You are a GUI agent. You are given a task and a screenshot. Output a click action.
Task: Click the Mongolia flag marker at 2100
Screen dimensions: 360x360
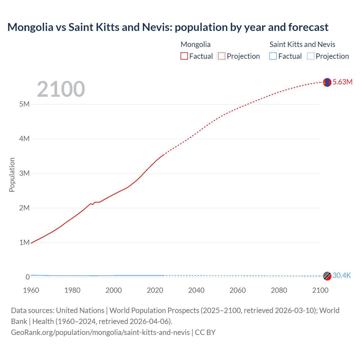click(x=327, y=82)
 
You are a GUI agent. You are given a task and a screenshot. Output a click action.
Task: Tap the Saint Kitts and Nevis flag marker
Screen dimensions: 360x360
click(x=327, y=276)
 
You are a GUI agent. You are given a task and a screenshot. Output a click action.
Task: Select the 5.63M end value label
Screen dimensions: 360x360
click(x=342, y=82)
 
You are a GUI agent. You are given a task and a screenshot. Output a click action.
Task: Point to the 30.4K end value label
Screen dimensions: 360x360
click(x=341, y=275)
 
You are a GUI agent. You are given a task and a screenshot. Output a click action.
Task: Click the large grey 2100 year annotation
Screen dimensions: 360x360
click(x=61, y=89)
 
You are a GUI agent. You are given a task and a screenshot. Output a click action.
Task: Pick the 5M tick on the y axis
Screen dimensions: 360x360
click(x=24, y=104)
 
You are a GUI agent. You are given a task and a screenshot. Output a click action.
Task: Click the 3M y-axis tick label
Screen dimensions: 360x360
click(x=24, y=173)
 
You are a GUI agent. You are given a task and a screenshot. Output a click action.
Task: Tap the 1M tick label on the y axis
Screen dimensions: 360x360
click(x=24, y=242)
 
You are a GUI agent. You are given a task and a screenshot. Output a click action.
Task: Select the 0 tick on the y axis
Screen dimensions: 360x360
click(x=28, y=277)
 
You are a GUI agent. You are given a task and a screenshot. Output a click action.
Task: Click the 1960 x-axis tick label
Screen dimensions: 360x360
click(x=31, y=290)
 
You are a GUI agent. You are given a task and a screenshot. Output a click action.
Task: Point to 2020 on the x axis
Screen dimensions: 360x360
click(x=155, y=290)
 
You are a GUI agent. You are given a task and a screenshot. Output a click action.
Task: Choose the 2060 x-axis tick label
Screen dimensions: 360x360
click(x=238, y=290)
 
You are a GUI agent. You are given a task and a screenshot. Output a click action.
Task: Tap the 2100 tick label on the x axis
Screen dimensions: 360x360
click(x=320, y=290)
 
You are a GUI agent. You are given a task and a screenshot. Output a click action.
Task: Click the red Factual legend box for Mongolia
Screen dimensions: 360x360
click(x=184, y=56)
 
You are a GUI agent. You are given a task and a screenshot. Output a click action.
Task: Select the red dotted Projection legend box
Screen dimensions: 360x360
click(x=222, y=56)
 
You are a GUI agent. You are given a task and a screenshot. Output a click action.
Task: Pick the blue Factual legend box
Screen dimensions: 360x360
click(x=273, y=56)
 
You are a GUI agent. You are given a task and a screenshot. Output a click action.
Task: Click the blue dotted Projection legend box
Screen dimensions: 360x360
click(x=311, y=56)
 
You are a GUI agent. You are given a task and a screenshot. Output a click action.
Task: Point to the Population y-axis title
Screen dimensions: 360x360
click(x=12, y=175)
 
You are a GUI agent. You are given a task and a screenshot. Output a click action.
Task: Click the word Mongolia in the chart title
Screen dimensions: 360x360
click(x=30, y=27)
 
